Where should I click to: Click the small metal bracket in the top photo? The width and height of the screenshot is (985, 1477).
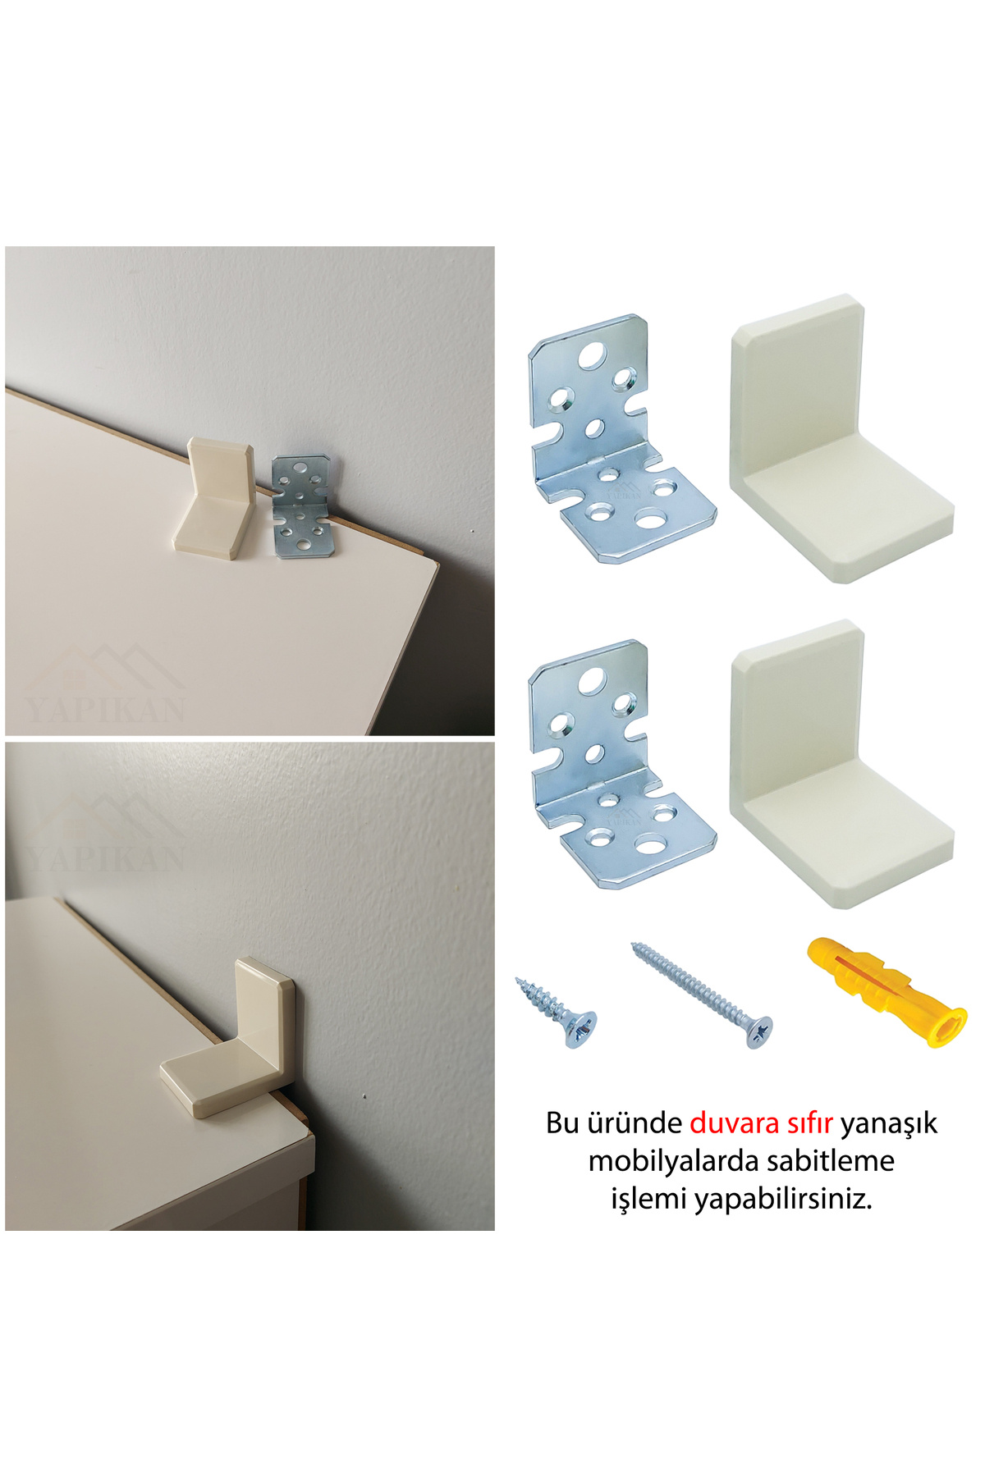tap(301, 507)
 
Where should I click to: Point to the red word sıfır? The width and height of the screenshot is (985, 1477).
tap(806, 1123)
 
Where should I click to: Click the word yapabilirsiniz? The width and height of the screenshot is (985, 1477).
tap(783, 1200)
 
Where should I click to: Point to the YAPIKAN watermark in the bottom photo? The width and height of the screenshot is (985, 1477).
tap(105, 857)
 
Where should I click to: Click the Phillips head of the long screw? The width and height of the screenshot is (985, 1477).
tap(759, 1031)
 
